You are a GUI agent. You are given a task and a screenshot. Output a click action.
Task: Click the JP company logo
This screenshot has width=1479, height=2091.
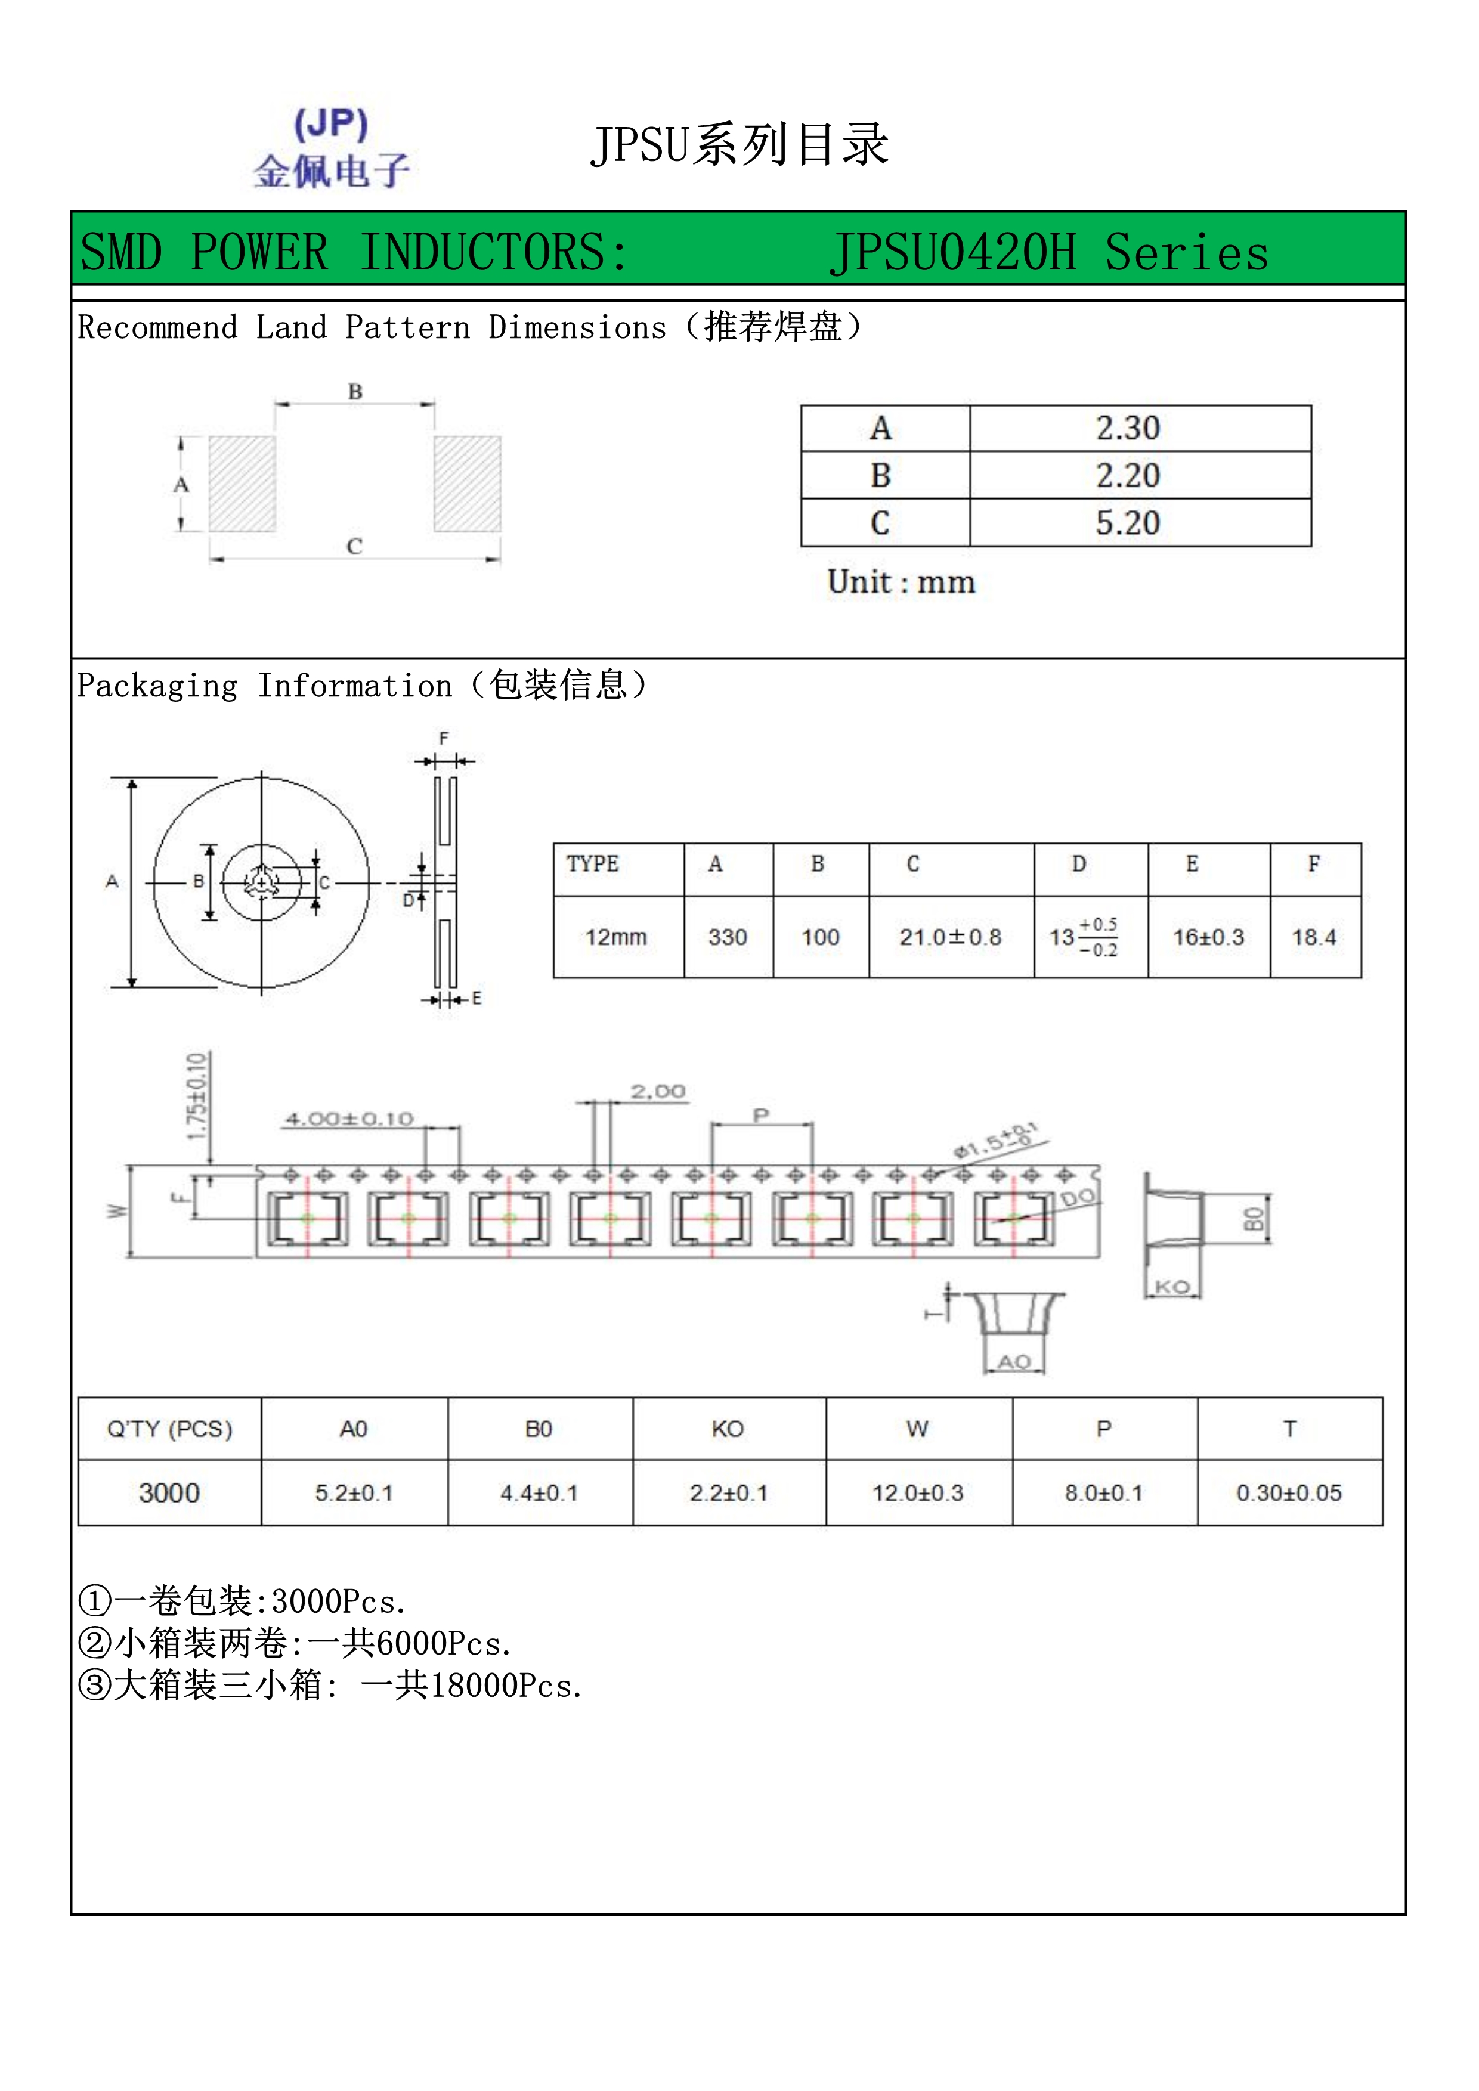click(x=332, y=147)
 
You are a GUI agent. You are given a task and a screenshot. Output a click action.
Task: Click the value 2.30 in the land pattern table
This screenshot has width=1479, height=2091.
click(x=1128, y=428)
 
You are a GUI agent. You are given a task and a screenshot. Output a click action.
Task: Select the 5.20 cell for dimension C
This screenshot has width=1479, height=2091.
click(x=1128, y=523)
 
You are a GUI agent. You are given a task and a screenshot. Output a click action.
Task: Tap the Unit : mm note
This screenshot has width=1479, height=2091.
click(x=901, y=582)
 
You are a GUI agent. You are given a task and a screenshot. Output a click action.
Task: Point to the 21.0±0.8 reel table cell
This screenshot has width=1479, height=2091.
click(x=950, y=937)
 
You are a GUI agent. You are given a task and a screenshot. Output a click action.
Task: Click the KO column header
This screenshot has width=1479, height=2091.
click(x=728, y=1429)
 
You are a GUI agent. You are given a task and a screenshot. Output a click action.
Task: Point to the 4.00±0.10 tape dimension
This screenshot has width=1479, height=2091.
click(x=349, y=1119)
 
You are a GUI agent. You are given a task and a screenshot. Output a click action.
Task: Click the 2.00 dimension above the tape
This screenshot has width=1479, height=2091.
click(x=658, y=1091)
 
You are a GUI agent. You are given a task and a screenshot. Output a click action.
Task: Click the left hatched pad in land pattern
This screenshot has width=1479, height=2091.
click(x=242, y=484)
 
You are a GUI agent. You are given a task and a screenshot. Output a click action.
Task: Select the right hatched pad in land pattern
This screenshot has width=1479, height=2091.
click(x=467, y=484)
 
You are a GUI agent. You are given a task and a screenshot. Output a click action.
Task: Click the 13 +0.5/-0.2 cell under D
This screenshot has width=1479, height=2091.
click(x=1084, y=937)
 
